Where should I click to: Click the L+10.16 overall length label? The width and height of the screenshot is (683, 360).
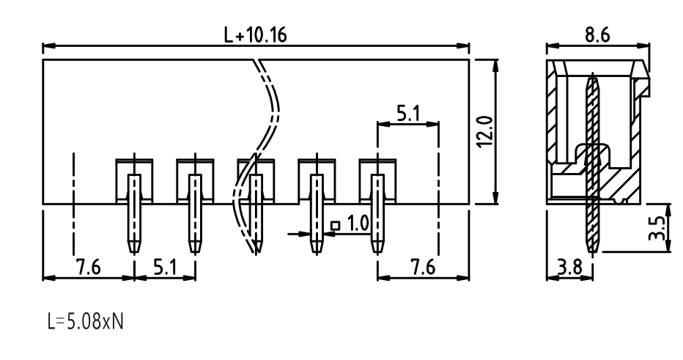point(255,35)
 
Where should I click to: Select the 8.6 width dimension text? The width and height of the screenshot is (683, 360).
point(597,35)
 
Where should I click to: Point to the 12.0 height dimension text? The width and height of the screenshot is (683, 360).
point(485,132)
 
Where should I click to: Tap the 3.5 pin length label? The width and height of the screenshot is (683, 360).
point(657,229)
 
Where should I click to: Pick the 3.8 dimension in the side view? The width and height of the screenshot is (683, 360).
point(569,267)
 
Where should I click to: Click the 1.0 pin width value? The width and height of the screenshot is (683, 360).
point(358,223)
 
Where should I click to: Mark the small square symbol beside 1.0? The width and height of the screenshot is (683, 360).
point(335,225)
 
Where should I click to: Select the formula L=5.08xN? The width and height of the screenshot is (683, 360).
point(85,322)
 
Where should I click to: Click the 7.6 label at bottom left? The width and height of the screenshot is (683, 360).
point(89,267)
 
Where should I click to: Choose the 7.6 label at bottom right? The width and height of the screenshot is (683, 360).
point(423,267)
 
